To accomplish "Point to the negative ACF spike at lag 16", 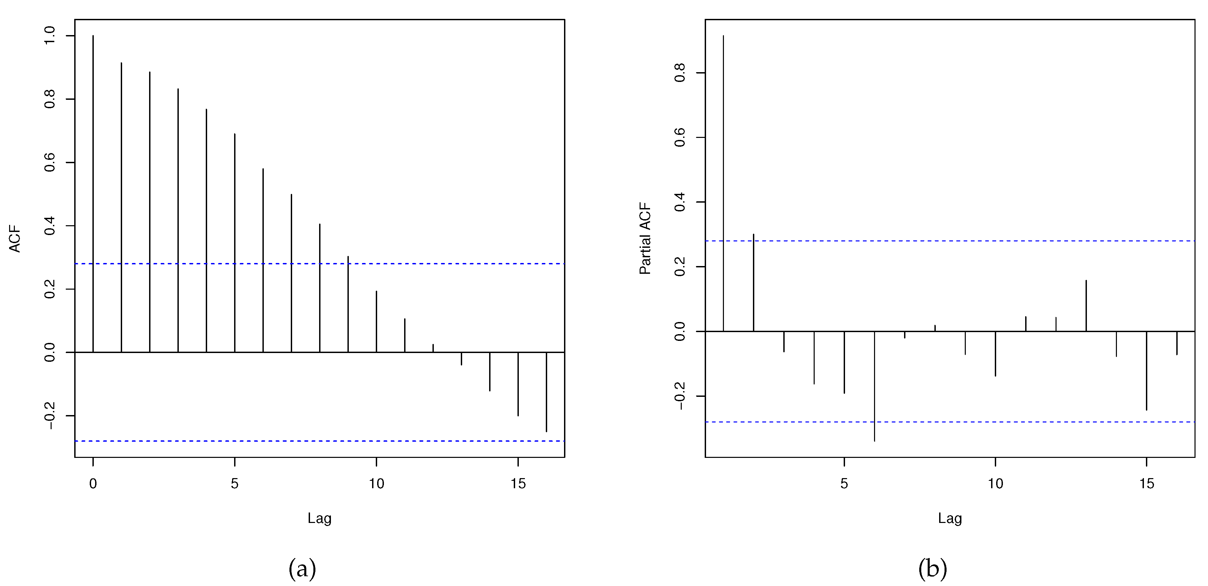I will tap(546, 392).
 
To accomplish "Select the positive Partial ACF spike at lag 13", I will tap(1086, 306).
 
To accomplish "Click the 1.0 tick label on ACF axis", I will tap(50, 36).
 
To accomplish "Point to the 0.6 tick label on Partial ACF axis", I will tap(680, 137).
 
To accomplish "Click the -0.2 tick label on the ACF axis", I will tap(50, 416).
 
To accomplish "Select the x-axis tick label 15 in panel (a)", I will tap(518, 484).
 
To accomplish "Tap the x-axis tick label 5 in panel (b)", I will tap(844, 484).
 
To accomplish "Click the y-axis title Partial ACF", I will tap(646, 238).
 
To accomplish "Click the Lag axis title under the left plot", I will tap(319, 518).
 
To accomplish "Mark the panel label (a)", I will tap(302, 569).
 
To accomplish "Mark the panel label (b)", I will tap(933, 569).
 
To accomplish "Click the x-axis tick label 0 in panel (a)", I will tap(93, 484).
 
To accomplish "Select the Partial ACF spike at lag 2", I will tap(754, 283).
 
